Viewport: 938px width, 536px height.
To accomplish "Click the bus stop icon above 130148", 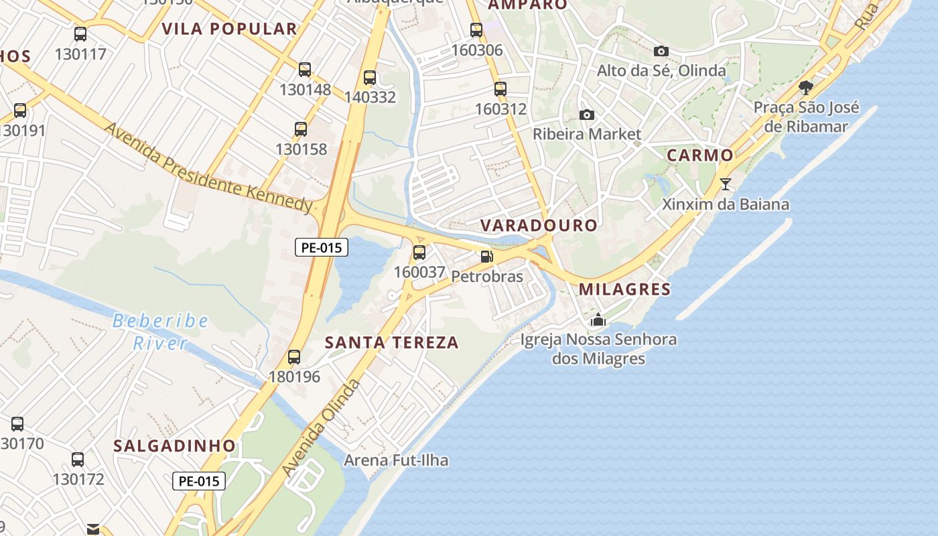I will tap(305, 69).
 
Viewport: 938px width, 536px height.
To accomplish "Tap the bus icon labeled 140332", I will tap(369, 77).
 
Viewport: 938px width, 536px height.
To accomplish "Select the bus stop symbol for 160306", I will tap(476, 29).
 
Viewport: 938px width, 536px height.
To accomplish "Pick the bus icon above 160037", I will tap(419, 252).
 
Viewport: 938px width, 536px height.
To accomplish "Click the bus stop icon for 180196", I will tap(294, 356).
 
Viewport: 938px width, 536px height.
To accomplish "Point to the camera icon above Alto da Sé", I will tap(661, 51).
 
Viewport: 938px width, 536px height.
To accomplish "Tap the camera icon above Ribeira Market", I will tap(586, 115).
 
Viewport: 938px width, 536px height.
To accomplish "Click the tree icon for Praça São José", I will tap(806, 88).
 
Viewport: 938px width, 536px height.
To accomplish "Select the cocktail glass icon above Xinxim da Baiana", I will tap(726, 184).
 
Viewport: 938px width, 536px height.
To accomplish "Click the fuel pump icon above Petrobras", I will tap(487, 256).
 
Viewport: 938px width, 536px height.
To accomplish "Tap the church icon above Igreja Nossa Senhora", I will tap(598, 320).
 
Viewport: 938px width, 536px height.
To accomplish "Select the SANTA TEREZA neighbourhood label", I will tap(392, 342).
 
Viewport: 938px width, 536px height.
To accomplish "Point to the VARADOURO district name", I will tap(539, 225).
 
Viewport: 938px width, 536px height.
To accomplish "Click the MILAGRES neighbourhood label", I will tap(624, 289).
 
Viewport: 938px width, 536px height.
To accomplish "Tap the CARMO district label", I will tap(699, 155).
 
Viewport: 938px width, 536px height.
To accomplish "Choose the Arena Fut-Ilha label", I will tap(396, 460).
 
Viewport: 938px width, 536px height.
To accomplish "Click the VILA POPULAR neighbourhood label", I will tap(229, 29).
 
